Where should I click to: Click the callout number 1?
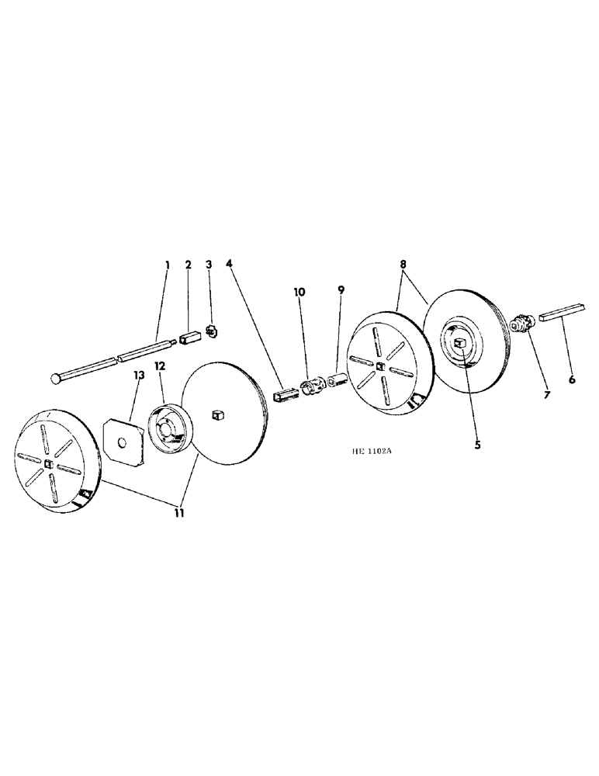click(x=168, y=265)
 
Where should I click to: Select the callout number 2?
click(x=188, y=265)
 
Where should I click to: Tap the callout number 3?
click(x=208, y=265)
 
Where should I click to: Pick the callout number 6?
click(x=572, y=380)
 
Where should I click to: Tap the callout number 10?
click(x=299, y=292)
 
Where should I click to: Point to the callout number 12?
click(x=159, y=365)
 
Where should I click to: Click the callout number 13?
click(x=139, y=376)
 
